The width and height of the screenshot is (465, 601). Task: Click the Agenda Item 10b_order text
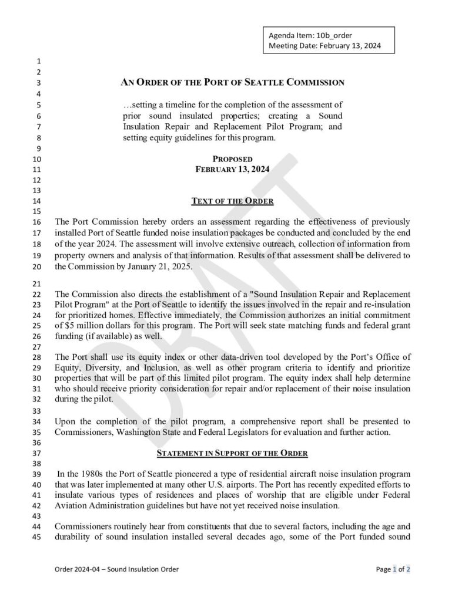310,35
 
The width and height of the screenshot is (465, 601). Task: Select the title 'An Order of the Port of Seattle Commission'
232,83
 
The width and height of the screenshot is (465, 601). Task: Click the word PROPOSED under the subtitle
232,159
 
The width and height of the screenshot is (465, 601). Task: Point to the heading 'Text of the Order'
232,201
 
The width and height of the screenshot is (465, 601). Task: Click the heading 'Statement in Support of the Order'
232,454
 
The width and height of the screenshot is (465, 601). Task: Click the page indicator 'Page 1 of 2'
393,569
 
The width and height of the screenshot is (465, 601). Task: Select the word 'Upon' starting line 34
65,421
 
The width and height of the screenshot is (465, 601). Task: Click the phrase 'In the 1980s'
81,473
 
